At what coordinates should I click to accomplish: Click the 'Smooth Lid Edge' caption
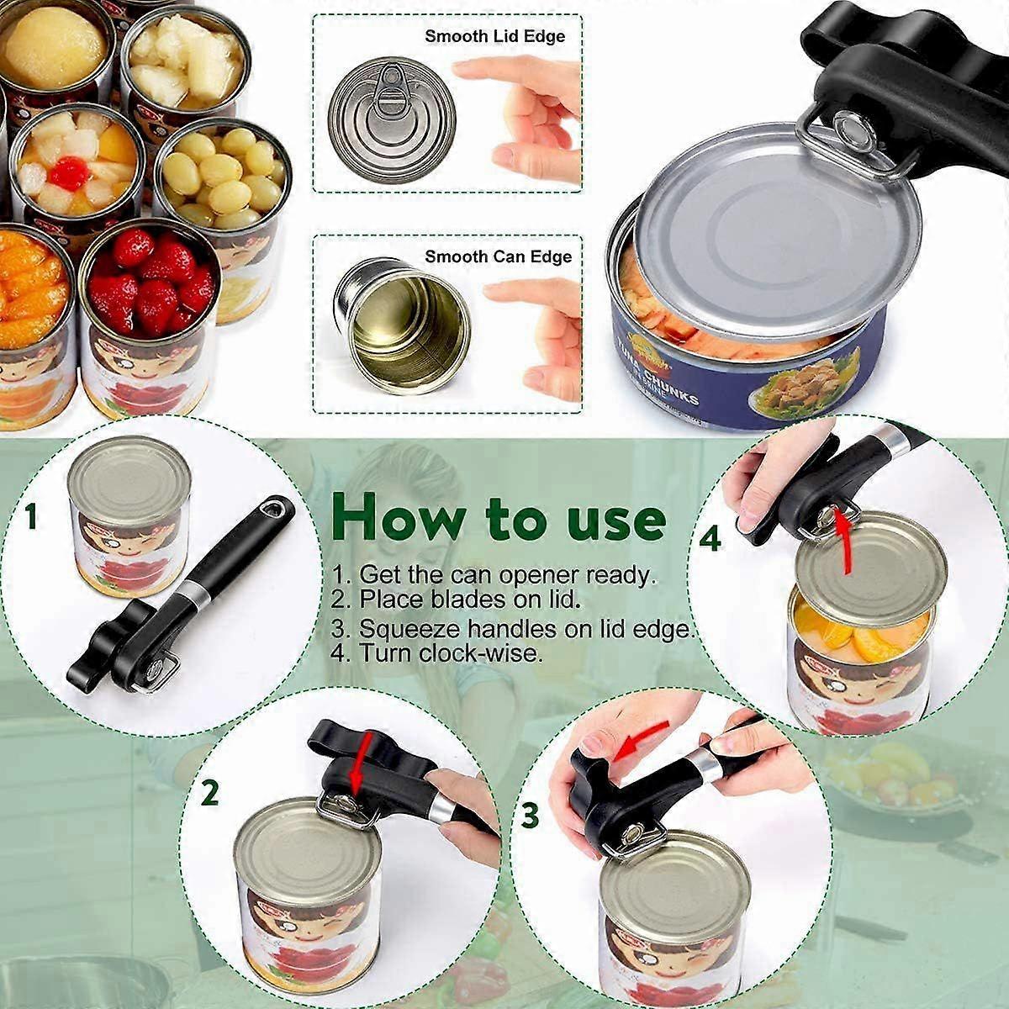pyautogui.click(x=494, y=36)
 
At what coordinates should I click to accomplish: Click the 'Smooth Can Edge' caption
pyautogui.click(x=498, y=256)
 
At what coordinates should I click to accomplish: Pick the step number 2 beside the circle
pyautogui.click(x=210, y=793)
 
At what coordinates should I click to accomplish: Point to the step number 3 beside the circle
pyautogui.click(x=530, y=814)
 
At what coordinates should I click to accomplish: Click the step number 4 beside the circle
pyautogui.click(x=711, y=538)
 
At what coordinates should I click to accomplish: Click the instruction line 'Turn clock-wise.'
pyautogui.click(x=449, y=652)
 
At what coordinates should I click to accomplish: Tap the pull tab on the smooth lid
pyautogui.click(x=388, y=91)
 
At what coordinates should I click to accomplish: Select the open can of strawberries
pyautogui.click(x=149, y=282)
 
